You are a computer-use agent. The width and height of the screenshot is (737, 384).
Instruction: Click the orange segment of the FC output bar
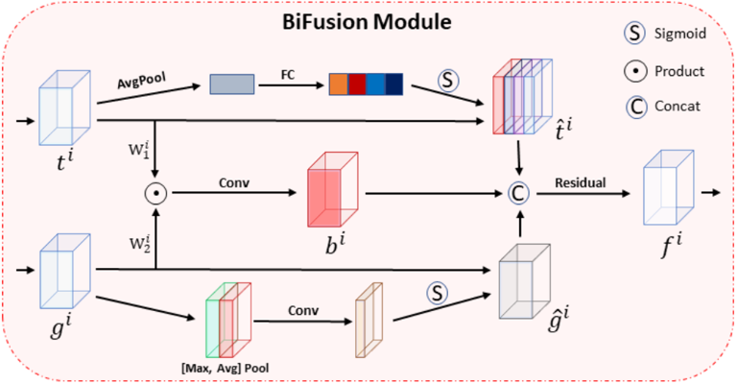pos(338,84)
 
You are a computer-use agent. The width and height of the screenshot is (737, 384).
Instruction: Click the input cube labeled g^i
pos(61,272)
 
